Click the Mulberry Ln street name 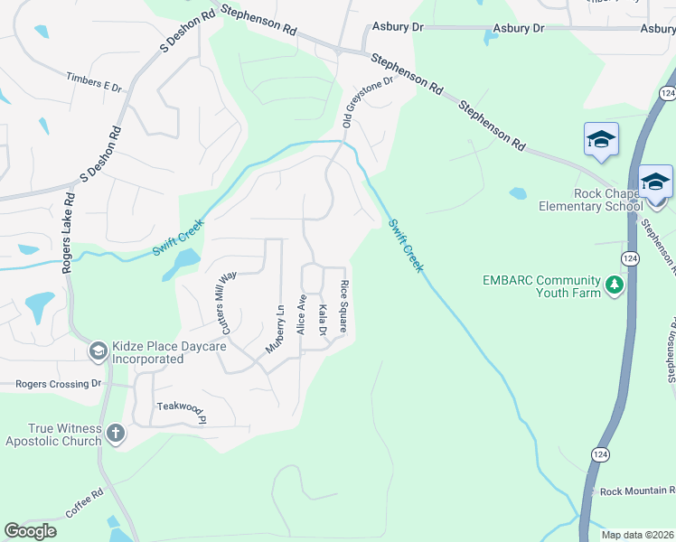tap(276, 327)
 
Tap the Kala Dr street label tap(323, 321)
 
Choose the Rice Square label tap(344, 307)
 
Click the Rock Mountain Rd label tap(637, 491)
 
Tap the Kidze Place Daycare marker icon tap(98, 350)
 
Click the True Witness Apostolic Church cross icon tap(115, 434)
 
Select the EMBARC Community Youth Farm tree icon tap(615, 285)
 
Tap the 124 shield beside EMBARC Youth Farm tap(631, 258)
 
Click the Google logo tap(30, 531)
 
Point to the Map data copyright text tap(638, 535)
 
